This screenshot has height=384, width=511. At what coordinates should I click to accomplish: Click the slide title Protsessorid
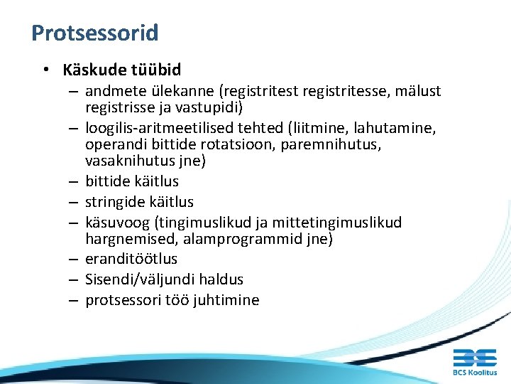(x=94, y=33)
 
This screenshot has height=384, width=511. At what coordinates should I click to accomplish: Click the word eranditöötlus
(x=131, y=259)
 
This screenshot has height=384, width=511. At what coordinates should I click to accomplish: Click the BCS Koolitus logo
(x=474, y=361)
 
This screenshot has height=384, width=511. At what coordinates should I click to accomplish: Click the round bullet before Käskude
(x=45, y=70)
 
